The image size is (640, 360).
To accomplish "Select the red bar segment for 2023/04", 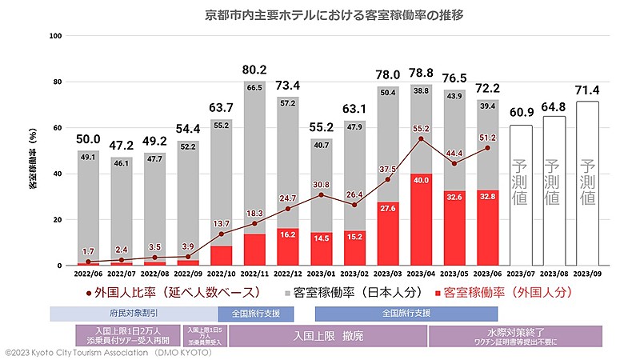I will pos(422,219).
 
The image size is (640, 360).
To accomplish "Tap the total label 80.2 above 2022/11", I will pos(255,69).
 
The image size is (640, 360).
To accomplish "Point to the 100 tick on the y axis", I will pos(56,36).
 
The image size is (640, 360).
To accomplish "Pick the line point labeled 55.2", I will pos(422,139).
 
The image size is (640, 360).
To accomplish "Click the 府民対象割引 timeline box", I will pos(134,314).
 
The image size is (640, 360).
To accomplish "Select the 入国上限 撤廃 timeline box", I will pos(327,336).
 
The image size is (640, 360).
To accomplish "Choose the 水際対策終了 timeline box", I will pos(515,336).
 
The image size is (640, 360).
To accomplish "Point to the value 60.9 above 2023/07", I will pos(521,111).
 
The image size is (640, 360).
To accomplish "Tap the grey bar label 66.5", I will pos(255,88).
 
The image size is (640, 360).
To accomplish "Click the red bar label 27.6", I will pos(388,208).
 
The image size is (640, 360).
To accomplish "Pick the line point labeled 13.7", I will pos(222,234).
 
